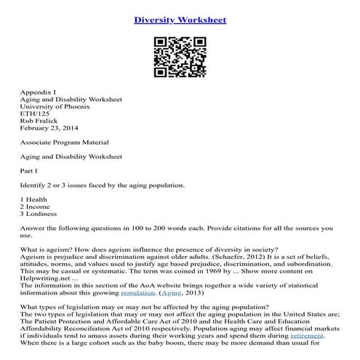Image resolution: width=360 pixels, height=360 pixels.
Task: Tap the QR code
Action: pyautogui.click(x=179, y=56)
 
